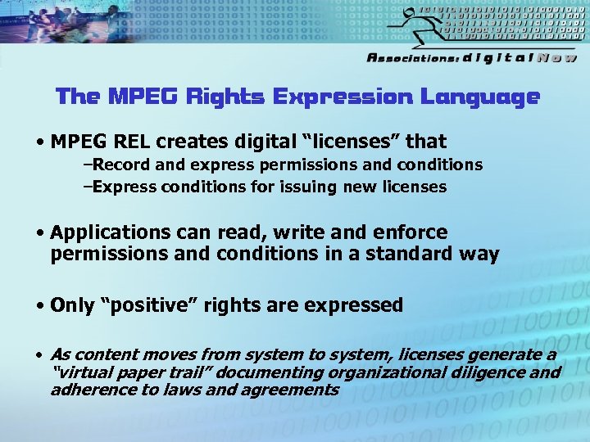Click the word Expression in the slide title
tap(343, 97)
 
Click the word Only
tap(71, 305)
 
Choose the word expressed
tap(354, 305)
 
